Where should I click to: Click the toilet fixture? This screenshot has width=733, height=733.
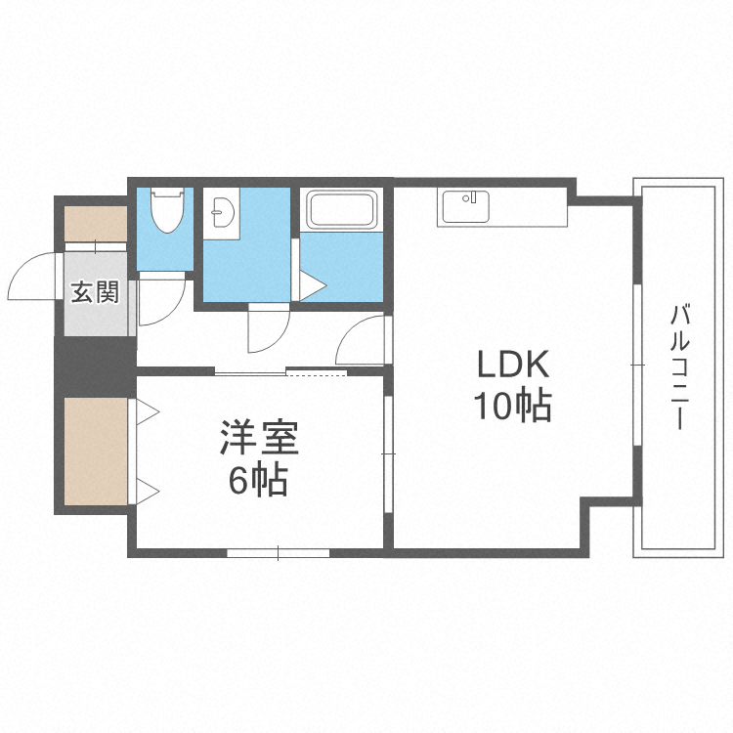(168, 209)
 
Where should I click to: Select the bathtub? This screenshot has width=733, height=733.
(341, 209)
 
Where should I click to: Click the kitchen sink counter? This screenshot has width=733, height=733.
(465, 207)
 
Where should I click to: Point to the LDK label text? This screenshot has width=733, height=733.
(514, 366)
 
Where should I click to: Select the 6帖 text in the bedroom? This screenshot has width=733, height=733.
(259, 480)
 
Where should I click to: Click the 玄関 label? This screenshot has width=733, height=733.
(95, 292)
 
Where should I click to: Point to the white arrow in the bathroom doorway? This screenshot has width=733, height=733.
(312, 286)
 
